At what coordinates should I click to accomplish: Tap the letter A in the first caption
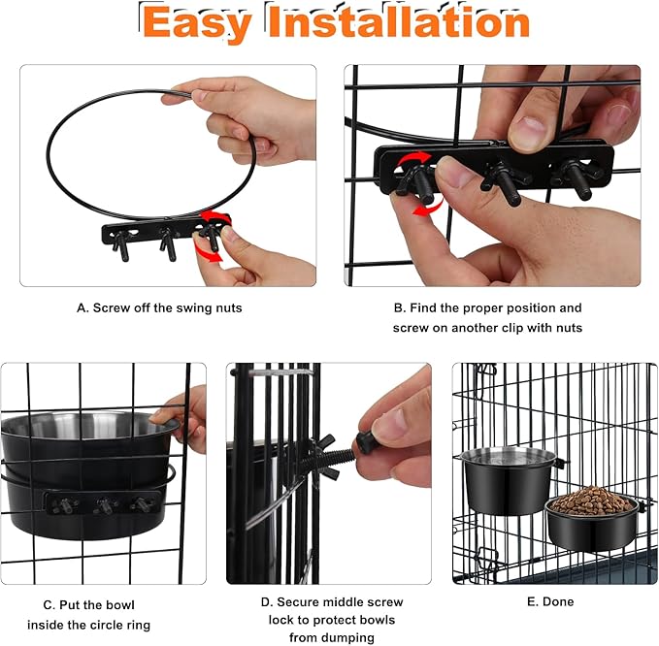pyautogui.click(x=82, y=307)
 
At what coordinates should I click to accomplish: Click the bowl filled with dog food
pyautogui.click(x=592, y=519)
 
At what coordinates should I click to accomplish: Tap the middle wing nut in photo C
pyautogui.click(x=102, y=505)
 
